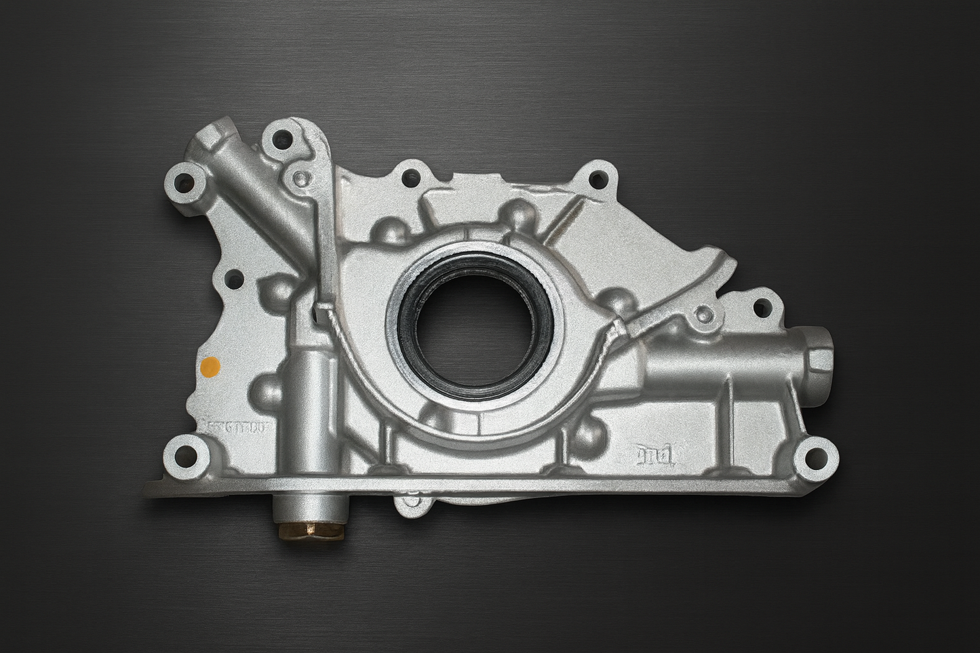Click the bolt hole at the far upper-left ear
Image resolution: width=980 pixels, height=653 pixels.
[183, 182]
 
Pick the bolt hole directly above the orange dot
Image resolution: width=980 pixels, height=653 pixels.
[234, 278]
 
